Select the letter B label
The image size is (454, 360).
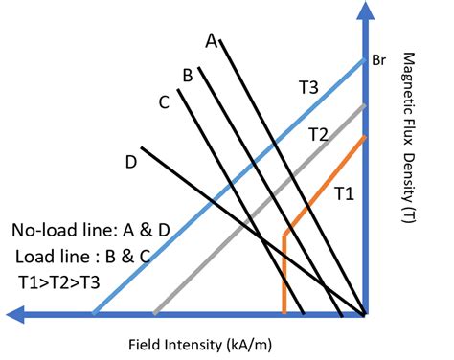[188, 75]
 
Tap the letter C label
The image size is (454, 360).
[164, 100]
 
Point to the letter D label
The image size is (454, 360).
[130, 163]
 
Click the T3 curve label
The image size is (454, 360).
[307, 87]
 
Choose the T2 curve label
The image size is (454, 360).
[318, 135]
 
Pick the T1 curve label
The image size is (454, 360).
[344, 194]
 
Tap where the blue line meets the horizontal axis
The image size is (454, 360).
[93, 313]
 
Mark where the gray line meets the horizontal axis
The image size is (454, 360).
[154, 313]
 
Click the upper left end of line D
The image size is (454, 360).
[142, 147]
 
